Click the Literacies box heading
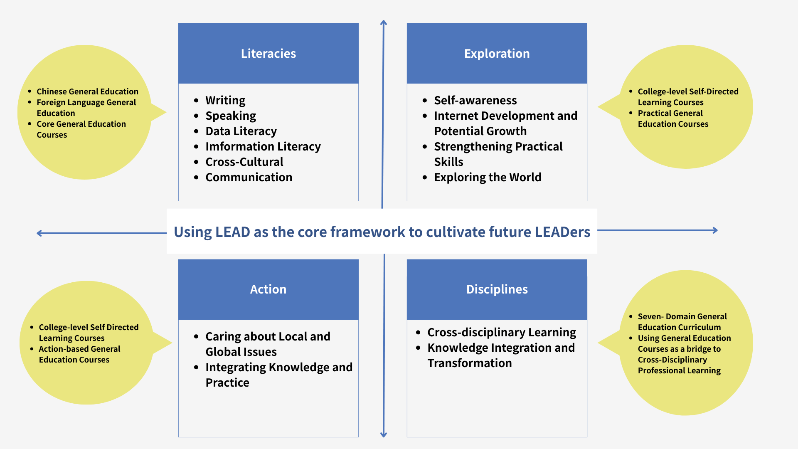point(268,54)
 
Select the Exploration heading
point(497,54)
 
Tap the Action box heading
point(268,289)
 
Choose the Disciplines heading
point(497,289)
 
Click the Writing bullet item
point(225,101)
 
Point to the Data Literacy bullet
point(241,131)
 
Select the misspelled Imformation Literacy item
point(263,147)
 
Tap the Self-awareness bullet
point(475,101)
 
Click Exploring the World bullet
point(488,178)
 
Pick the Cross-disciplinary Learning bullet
point(502,333)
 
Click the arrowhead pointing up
point(384,22)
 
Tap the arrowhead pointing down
point(384,434)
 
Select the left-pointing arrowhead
point(39,233)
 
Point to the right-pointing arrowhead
point(715,230)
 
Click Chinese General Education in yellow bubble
point(87,91)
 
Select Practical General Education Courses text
point(673,118)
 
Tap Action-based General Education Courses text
point(79,354)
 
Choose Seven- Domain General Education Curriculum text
point(682,322)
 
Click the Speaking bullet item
point(231,116)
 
